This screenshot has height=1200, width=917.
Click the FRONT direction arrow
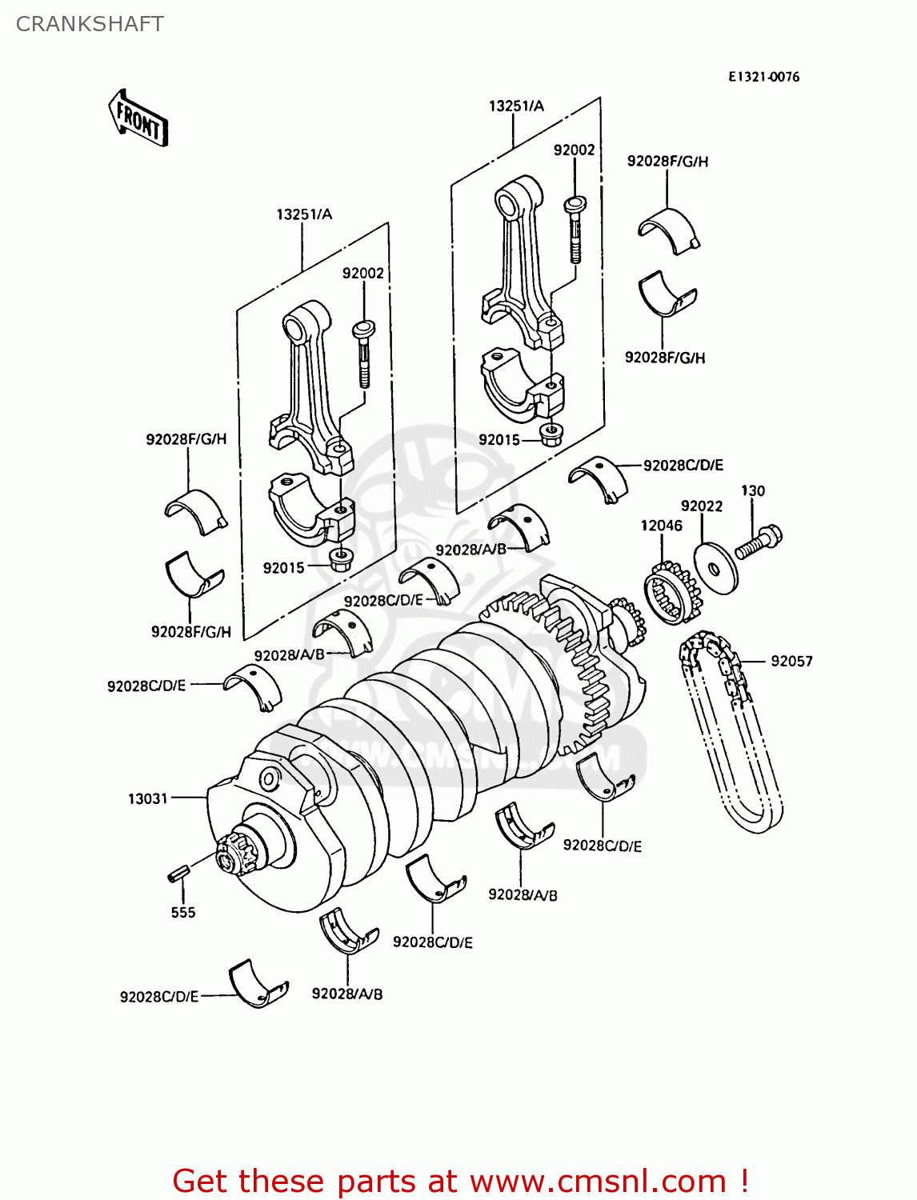tap(138, 118)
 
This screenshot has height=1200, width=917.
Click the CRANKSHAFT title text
tap(90, 24)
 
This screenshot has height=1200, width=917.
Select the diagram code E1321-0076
tap(763, 77)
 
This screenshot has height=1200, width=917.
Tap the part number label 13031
tap(148, 798)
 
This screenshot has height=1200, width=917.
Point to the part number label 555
tap(182, 912)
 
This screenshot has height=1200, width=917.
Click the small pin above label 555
tap(178, 873)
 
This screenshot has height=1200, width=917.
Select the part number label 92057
tap(791, 661)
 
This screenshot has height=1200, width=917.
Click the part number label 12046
tap(661, 526)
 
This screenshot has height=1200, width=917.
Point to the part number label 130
tap(752, 490)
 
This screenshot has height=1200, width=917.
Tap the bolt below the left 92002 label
tap(363, 352)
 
